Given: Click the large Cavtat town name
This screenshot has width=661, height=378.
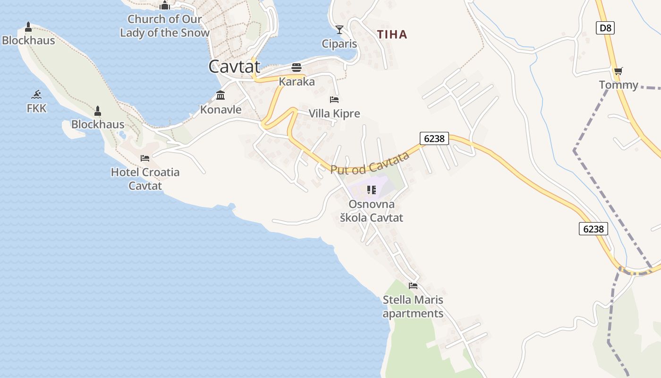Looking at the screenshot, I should tap(234, 66).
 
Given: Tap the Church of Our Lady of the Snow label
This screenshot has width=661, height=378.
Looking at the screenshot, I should tap(164, 26).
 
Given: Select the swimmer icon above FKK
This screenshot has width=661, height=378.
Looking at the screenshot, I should tap(37, 94).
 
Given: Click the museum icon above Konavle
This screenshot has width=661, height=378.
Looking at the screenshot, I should tap(220, 95).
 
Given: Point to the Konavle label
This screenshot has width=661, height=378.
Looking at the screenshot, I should tap(220, 110).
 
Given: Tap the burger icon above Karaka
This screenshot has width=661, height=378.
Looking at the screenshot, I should tap(297, 68).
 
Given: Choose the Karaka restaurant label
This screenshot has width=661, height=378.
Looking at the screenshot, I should tap(297, 81).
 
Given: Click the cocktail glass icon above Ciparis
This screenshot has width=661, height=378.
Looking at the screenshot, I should tap(339, 30).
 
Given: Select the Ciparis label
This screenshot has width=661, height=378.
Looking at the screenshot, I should tap(339, 43).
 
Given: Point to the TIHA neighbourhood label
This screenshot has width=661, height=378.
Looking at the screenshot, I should tap(392, 34).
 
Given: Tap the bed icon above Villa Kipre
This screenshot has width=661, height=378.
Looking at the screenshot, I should tap(334, 100).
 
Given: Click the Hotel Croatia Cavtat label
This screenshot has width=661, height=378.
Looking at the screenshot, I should tap(145, 179).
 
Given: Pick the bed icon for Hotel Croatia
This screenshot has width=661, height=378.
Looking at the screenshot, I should tap(145, 158).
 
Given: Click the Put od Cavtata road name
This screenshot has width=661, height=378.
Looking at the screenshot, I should tap(370, 163).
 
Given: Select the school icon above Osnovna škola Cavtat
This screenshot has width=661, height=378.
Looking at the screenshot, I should tap(372, 190).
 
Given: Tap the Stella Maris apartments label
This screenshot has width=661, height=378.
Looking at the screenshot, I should tap(413, 307).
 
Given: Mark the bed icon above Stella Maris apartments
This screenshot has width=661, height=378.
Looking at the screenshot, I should tap(413, 286).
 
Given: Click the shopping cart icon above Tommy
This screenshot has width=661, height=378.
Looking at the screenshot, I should tap(618, 71).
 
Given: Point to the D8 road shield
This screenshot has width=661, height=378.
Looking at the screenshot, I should tap(605, 28).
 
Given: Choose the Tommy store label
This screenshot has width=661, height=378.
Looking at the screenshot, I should tap(619, 85).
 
